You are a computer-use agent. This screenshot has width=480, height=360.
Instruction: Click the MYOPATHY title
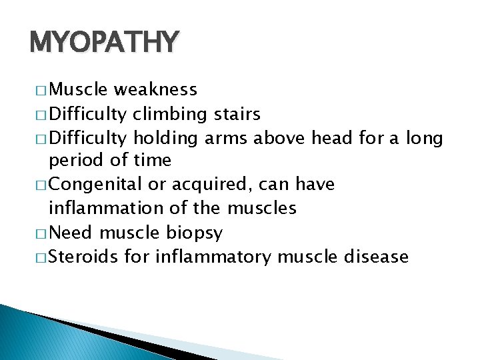(104, 43)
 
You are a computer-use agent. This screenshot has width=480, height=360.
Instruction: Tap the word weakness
(155, 89)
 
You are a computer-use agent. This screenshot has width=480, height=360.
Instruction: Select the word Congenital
(98, 185)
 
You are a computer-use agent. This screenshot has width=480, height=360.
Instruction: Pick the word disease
(375, 256)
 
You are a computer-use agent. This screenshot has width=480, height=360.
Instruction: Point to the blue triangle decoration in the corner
(40, 337)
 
